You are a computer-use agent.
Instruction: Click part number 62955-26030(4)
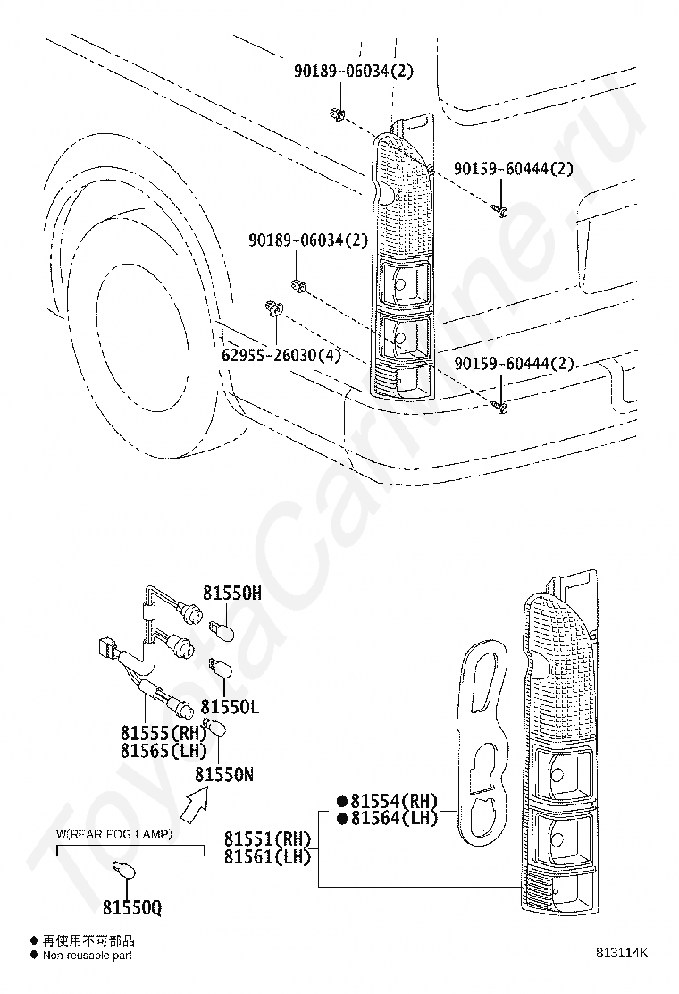281,355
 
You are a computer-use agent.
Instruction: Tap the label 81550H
231,593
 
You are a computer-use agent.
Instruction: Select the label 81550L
230,707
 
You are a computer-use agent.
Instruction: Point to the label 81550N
224,775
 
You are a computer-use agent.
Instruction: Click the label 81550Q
131,907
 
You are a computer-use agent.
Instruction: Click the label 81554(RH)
393,800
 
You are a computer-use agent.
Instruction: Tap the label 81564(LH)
393,818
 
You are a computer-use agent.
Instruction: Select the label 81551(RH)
267,839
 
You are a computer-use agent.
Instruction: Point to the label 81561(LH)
267,857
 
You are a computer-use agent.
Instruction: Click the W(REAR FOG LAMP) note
114,834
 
